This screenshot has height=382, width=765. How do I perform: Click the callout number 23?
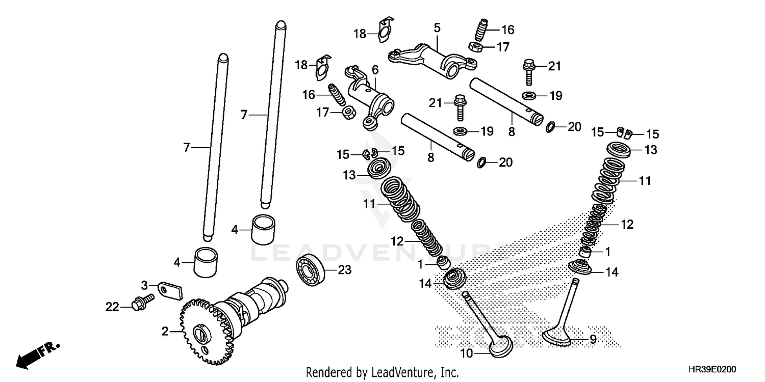(x=345, y=270)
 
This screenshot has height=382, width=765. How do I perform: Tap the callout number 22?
(x=112, y=307)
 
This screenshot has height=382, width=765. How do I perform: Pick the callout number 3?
(x=144, y=284)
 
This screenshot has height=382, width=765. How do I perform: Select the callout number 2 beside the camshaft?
(x=165, y=332)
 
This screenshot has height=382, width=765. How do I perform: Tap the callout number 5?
(x=437, y=28)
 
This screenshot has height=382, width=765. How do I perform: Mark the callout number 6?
(x=375, y=69)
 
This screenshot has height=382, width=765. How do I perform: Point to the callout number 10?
(x=468, y=353)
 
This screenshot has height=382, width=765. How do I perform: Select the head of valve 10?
(x=500, y=347)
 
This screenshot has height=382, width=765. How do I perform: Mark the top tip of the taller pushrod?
(x=279, y=23)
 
